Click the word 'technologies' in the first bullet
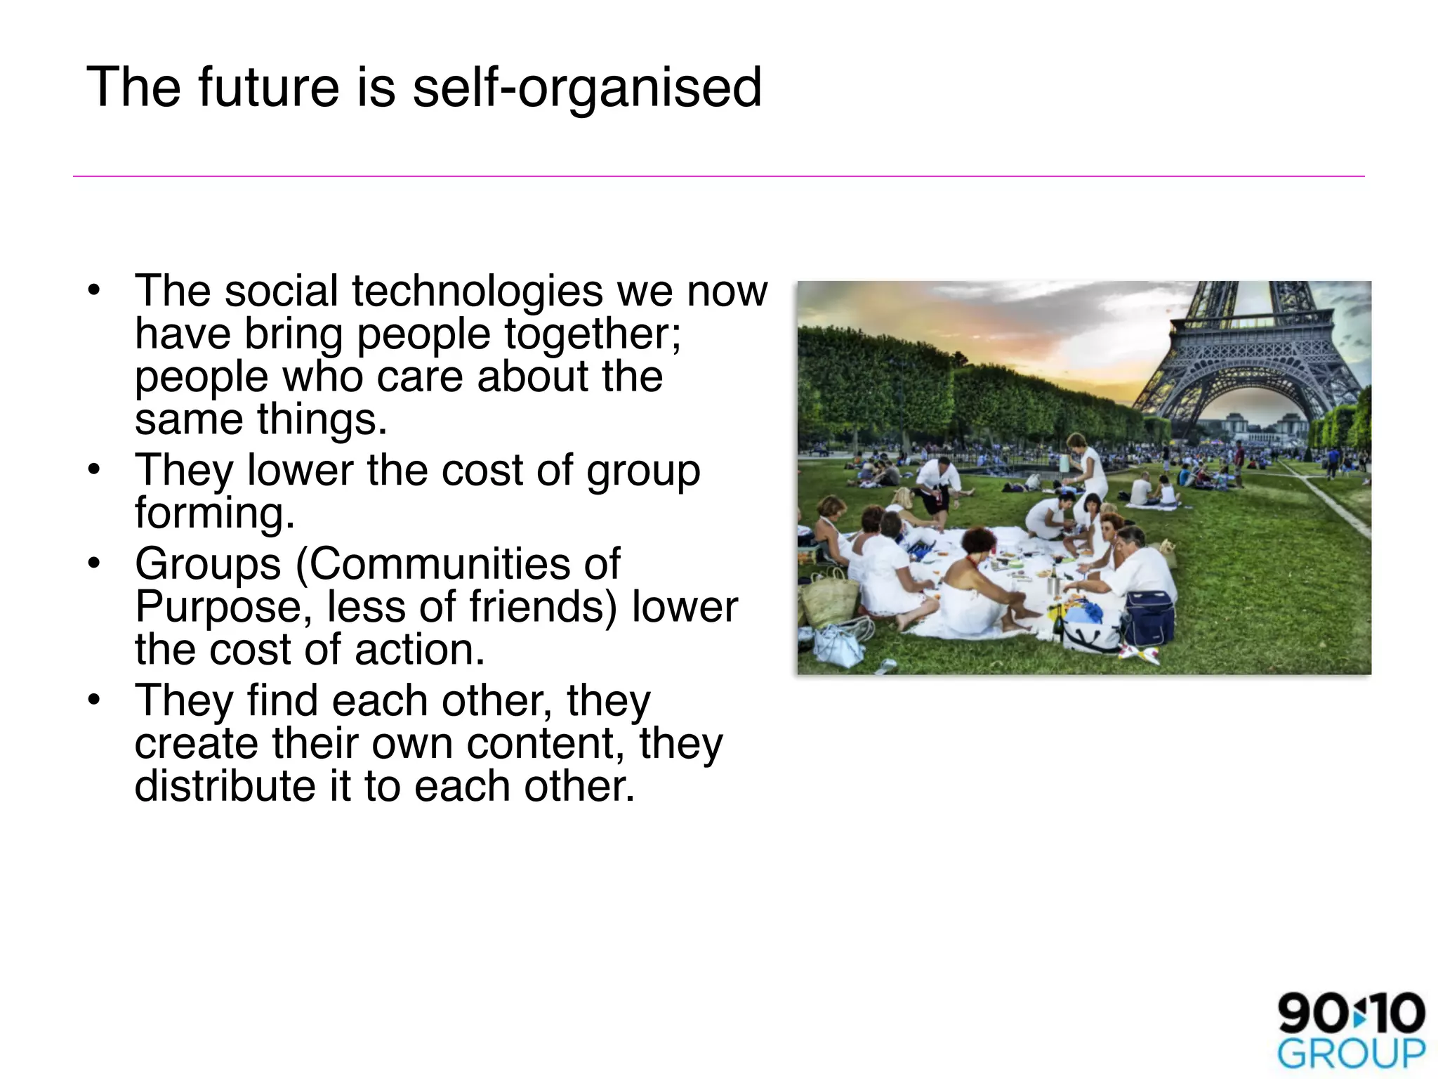click(477, 291)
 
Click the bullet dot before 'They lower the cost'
click(94, 470)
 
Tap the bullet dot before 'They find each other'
click(94, 700)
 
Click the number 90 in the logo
click(1312, 1014)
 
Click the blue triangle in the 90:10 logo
click(1360, 1014)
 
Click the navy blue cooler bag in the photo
click(1149, 618)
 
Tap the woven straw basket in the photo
click(833, 598)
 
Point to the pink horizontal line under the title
click(719, 176)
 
